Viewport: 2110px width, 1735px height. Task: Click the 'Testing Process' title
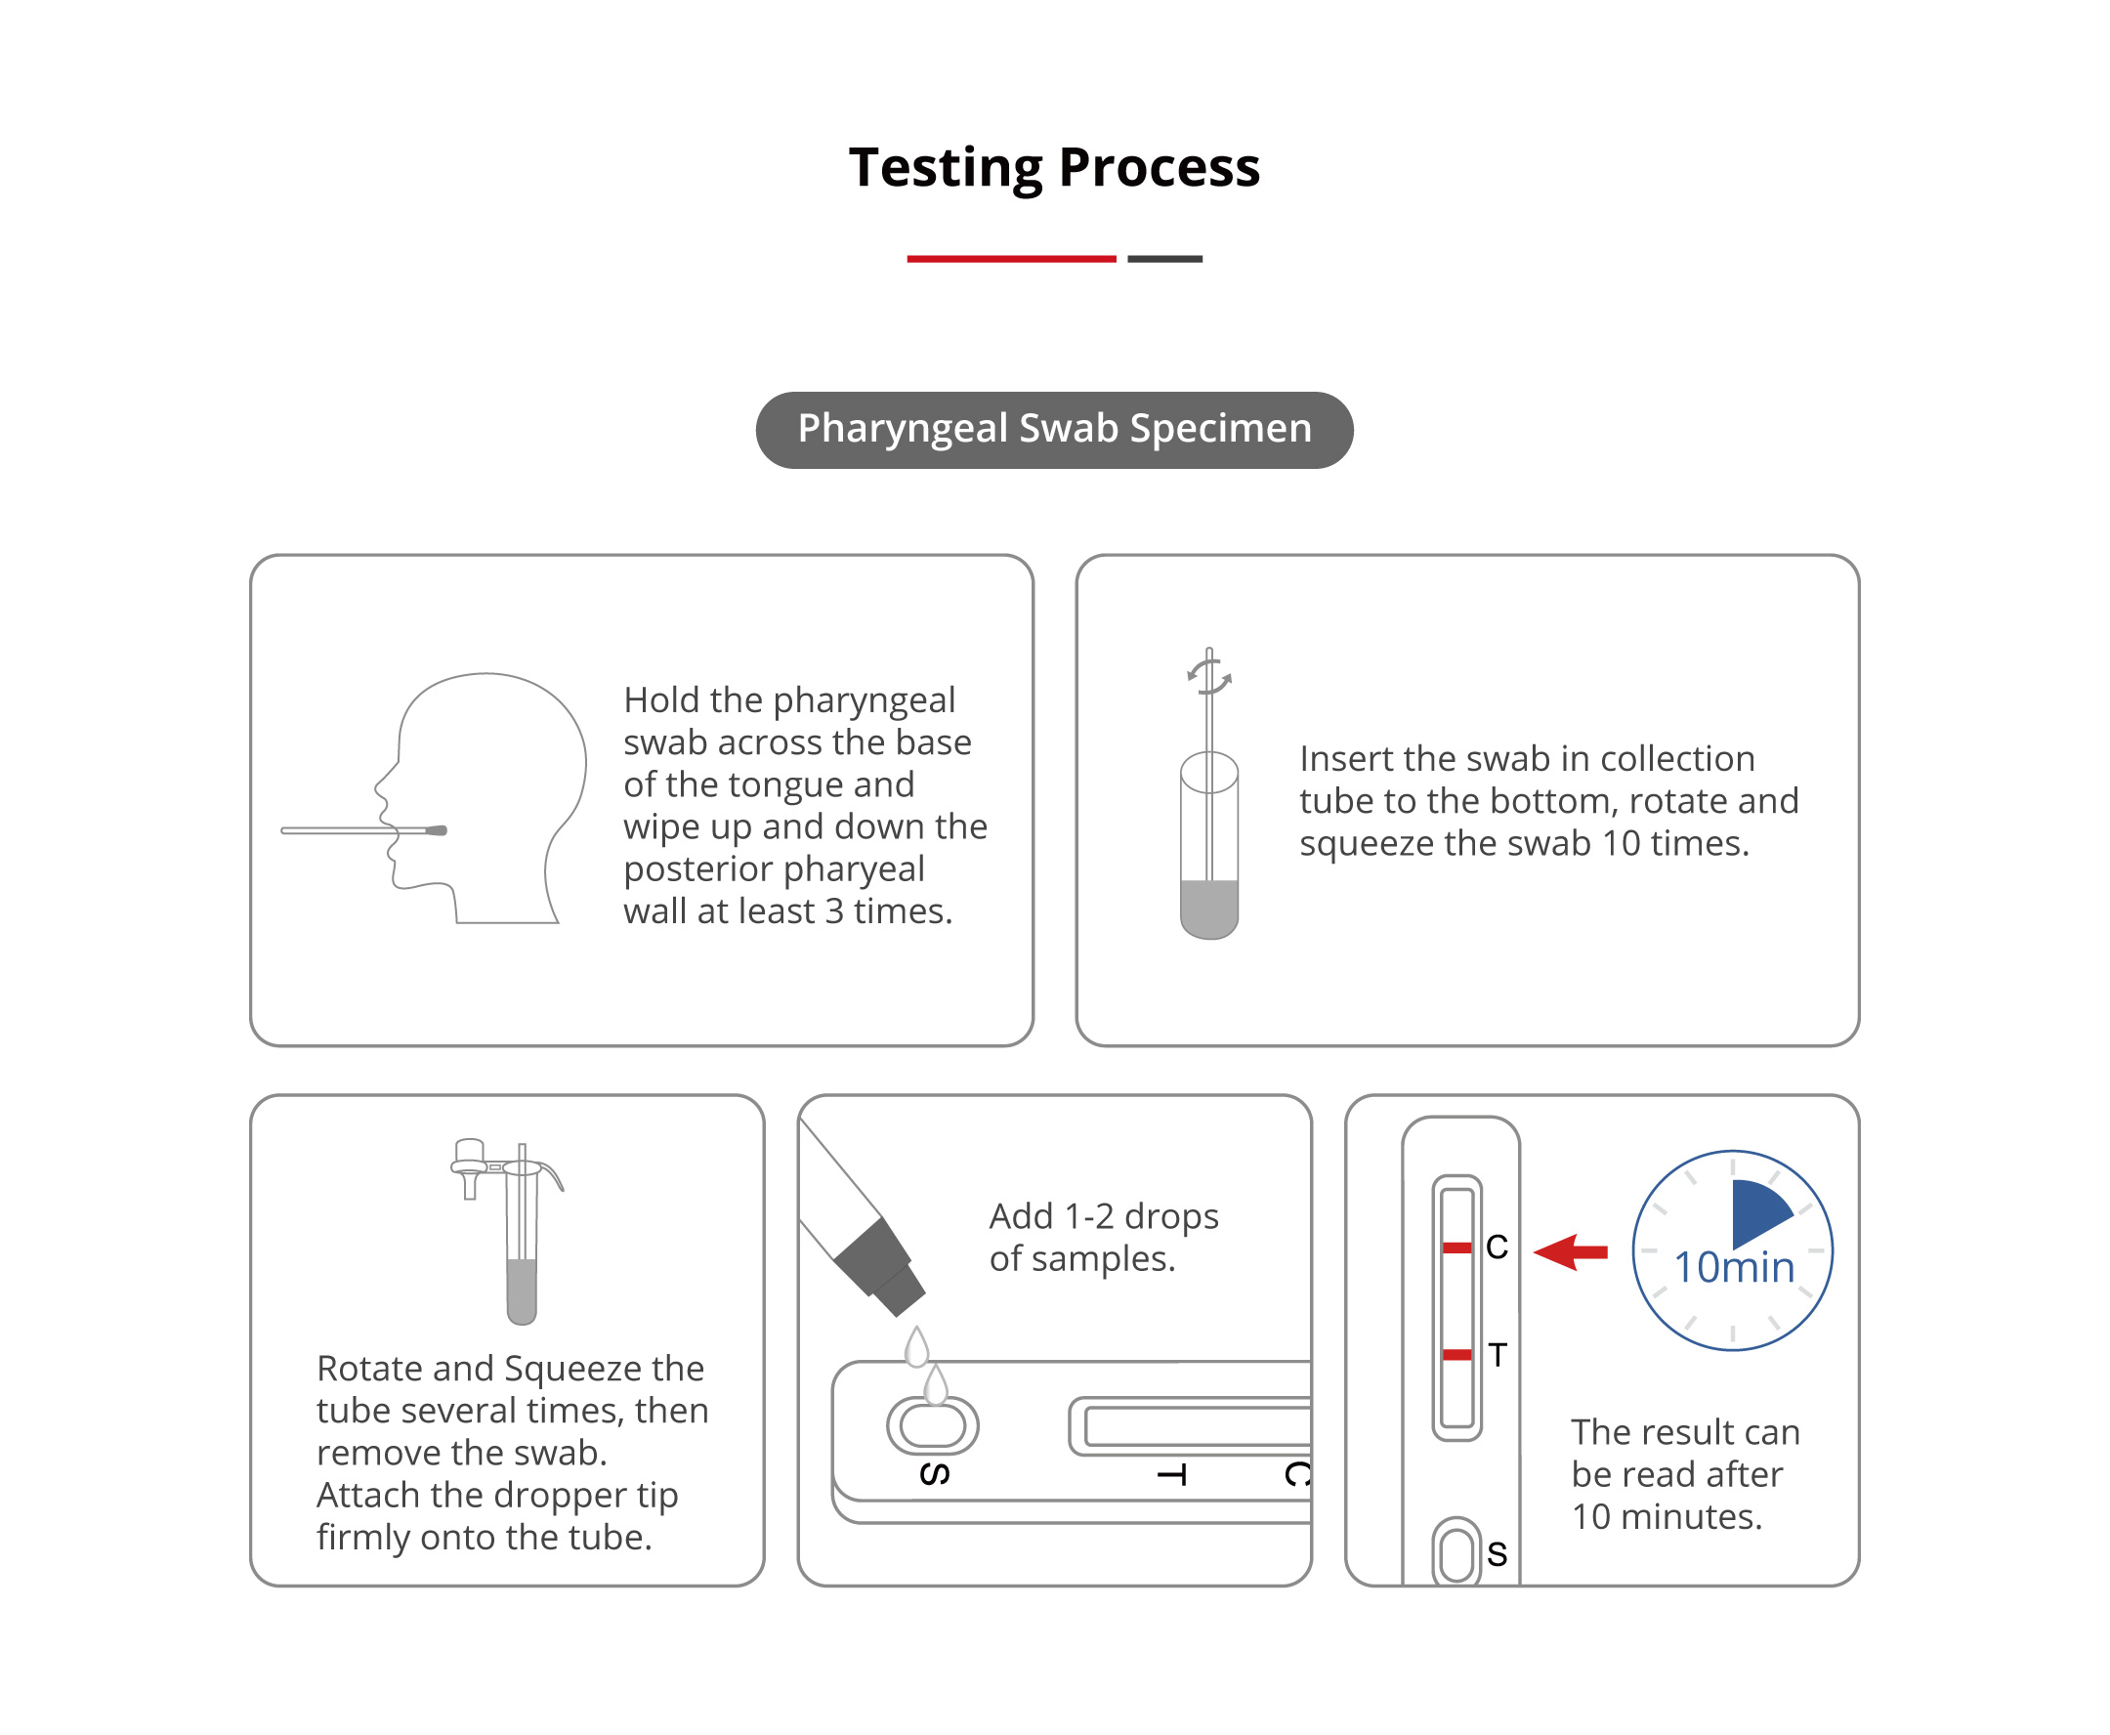pos(1053,167)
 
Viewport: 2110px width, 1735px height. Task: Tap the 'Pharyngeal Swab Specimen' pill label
pos(1053,430)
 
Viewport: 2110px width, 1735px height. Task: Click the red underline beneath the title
pos(1010,259)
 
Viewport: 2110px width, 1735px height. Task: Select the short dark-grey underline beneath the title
pos(1164,259)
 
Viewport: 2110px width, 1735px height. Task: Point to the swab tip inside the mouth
pos(437,830)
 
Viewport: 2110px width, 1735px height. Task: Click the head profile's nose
pos(381,786)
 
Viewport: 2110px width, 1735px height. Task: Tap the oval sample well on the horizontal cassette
pos(932,1425)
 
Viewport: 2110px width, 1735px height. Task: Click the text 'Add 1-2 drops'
pos(1104,1216)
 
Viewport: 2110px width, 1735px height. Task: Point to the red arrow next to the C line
pos(1570,1251)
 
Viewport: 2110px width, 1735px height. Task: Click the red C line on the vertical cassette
pos(1456,1248)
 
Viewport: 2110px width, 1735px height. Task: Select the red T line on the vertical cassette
pos(1456,1355)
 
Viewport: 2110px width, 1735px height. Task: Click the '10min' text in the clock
pos(1733,1267)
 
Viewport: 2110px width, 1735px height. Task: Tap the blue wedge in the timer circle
pos(1757,1210)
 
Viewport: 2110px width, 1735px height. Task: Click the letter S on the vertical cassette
pos(1497,1554)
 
